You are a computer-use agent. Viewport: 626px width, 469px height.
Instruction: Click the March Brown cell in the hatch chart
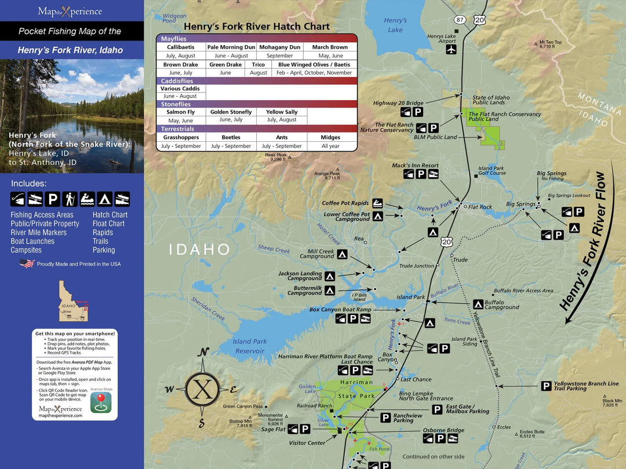(330, 47)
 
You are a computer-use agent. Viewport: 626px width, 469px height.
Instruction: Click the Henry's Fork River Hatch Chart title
(257, 27)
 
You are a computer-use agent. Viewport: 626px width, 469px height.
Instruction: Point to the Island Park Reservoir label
(249, 346)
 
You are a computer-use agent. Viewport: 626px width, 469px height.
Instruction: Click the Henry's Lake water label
(395, 25)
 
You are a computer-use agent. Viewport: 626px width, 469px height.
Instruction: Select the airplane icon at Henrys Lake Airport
(452, 50)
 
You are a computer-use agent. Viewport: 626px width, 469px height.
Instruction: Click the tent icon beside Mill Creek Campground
(343, 254)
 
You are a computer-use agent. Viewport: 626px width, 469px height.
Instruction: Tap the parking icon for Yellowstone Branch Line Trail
(546, 386)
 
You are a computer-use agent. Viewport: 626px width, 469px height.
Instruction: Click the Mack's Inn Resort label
(415, 166)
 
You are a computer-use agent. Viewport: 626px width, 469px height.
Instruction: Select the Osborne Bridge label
(443, 430)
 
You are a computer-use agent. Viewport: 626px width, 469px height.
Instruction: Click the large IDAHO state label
(200, 250)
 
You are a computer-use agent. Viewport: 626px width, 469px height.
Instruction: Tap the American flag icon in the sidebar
(27, 263)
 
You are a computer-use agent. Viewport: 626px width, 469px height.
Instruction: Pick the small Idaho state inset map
(73, 301)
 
